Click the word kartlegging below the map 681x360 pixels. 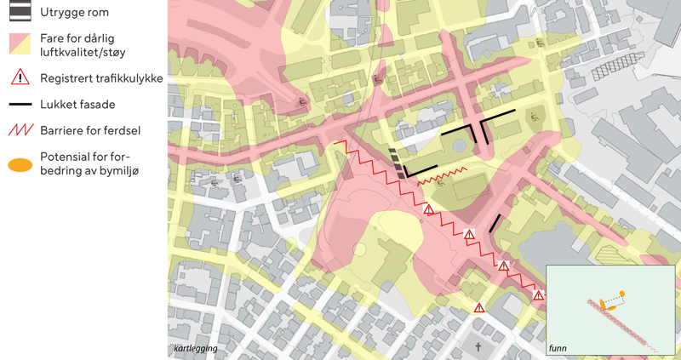tap(195, 349)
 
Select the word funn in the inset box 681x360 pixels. tap(558, 349)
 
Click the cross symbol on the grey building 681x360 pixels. tap(478, 347)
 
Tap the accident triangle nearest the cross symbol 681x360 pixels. tap(479, 307)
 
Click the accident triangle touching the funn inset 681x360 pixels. tap(538, 295)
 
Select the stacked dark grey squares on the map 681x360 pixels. tap(396, 163)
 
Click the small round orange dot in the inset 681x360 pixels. tap(622, 294)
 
